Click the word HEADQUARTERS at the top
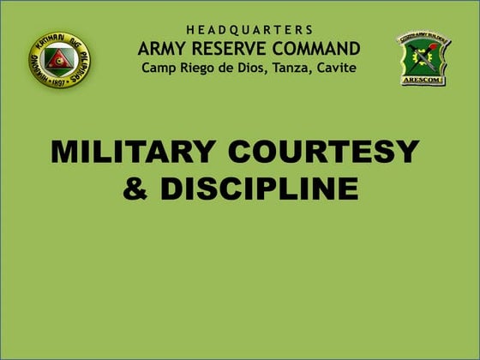click(249, 30)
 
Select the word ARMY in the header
click(163, 48)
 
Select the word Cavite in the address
click(337, 68)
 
